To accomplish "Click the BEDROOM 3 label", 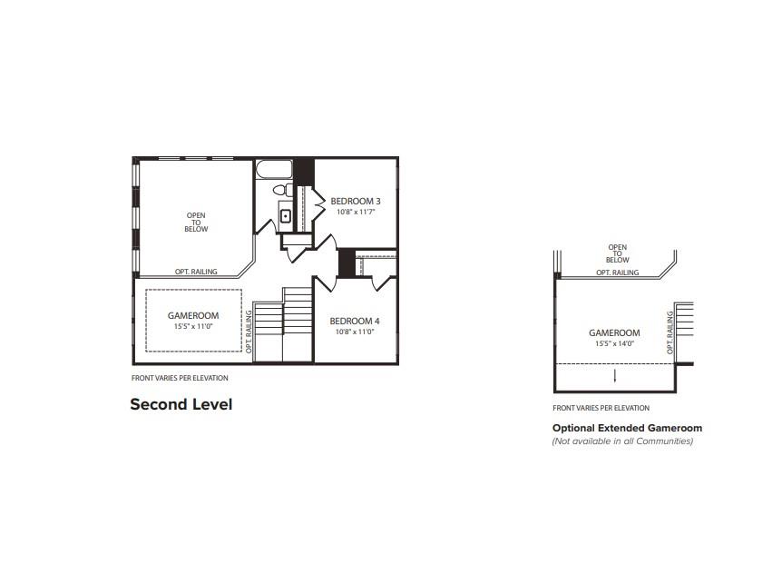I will (355, 201).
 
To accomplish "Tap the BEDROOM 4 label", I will (355, 321).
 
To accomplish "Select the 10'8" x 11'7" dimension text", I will (355, 212).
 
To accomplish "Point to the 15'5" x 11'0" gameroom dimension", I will (192, 326).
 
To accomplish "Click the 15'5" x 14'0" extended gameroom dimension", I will (614, 343).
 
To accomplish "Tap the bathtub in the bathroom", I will (274, 170).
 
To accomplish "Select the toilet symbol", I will (283, 191).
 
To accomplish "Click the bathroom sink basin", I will (285, 216).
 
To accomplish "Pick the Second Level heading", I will (181, 404).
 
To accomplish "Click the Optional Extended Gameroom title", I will (627, 428).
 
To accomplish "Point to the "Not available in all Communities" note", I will (622, 441).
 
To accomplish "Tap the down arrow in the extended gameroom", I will (614, 375).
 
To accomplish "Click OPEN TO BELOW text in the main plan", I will (196, 223).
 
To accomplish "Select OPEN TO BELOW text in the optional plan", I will (618, 253).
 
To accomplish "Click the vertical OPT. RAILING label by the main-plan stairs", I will (249, 331).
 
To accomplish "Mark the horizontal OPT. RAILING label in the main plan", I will (196, 272).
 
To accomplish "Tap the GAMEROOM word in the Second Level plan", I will (192, 315).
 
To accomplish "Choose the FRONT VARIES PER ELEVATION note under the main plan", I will (180, 378).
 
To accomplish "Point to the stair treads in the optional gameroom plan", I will (684, 326).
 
